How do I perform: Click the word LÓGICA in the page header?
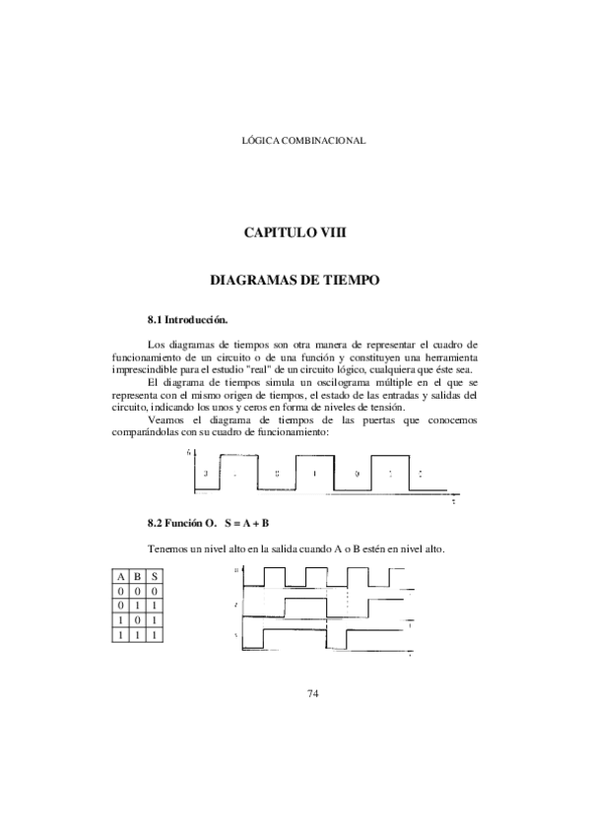tap(259, 141)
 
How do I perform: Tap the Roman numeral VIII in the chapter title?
tap(326, 232)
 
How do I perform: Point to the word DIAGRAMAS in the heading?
tap(254, 281)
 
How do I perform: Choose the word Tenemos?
tap(168, 548)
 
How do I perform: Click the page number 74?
tap(313, 694)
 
